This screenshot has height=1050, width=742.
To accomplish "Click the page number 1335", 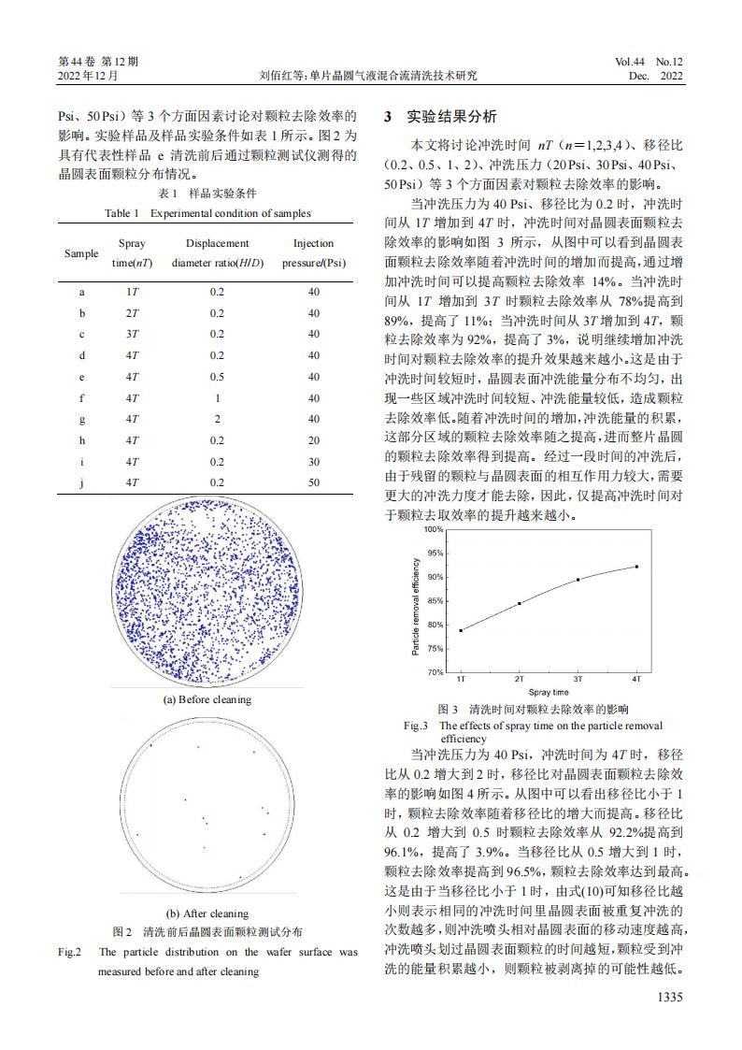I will (667, 997).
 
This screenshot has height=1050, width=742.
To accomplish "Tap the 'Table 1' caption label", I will (121, 213).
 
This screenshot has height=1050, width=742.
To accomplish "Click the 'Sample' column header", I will (81, 253).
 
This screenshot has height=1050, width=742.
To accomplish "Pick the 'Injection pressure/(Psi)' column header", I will (314, 253).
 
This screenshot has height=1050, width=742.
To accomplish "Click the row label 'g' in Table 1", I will (81, 419).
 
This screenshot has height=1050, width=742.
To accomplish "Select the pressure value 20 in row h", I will (314, 439).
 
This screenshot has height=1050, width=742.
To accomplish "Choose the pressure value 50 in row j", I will (314, 482).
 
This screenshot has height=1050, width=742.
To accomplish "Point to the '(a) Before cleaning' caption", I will (207, 699).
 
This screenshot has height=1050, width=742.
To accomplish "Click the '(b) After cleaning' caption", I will (207, 913).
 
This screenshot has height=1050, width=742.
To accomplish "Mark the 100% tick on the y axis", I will (433, 529).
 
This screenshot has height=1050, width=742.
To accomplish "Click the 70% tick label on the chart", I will (434, 672).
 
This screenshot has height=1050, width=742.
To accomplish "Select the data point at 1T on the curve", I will (461, 630).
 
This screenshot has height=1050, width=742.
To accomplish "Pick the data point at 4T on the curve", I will (636, 567).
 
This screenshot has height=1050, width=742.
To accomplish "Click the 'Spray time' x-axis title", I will (548, 692).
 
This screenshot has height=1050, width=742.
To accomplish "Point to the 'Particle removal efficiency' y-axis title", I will (416, 600).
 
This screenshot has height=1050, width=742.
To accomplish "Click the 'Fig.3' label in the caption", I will (416, 726).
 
